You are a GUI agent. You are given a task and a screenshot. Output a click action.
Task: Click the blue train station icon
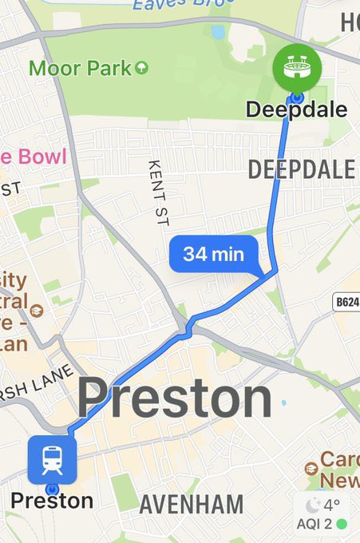coord(52,459)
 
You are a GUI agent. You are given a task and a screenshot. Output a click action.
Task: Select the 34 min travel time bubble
coord(212,255)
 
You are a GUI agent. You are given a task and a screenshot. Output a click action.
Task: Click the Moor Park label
coord(80,68)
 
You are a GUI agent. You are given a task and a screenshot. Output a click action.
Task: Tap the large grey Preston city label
coord(174,398)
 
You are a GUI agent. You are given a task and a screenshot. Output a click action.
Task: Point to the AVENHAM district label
coord(191,505)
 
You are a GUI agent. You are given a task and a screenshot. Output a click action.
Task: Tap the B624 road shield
coord(346,302)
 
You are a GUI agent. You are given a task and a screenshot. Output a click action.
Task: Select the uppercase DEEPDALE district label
coord(301,169)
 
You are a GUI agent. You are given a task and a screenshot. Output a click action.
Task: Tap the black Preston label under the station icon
coord(51,501)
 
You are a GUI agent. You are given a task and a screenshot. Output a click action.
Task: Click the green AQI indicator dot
coord(342,524)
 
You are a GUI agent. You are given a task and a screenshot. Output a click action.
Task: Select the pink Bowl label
coord(37,156)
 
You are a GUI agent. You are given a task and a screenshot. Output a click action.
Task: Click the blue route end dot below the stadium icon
coord(297,97)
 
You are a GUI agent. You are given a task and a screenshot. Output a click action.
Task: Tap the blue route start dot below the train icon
coord(53,489)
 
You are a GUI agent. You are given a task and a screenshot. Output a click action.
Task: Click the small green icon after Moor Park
coord(141,67)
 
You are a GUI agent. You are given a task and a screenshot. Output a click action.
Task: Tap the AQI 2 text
coord(315,524)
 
